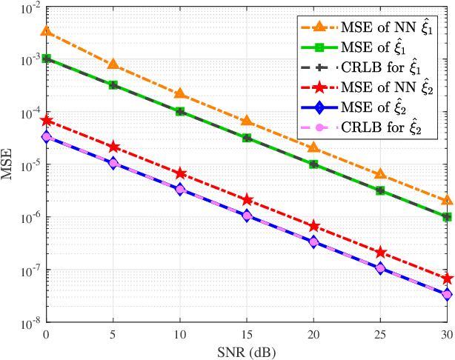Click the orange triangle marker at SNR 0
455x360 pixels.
point(47,31)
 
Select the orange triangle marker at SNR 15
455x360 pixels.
point(247,121)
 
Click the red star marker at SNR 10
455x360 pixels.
point(180,173)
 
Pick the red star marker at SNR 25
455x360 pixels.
point(380,253)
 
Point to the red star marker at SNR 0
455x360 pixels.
point(47,120)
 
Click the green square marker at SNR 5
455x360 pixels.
point(113,85)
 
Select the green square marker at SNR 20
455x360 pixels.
point(313,164)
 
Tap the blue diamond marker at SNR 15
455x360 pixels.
point(247,216)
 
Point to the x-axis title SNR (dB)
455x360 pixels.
point(247,351)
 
